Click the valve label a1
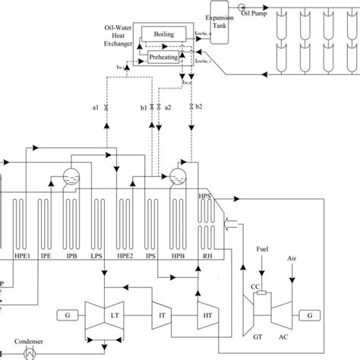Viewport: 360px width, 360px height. [96, 108]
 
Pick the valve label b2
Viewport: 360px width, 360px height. [199, 108]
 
